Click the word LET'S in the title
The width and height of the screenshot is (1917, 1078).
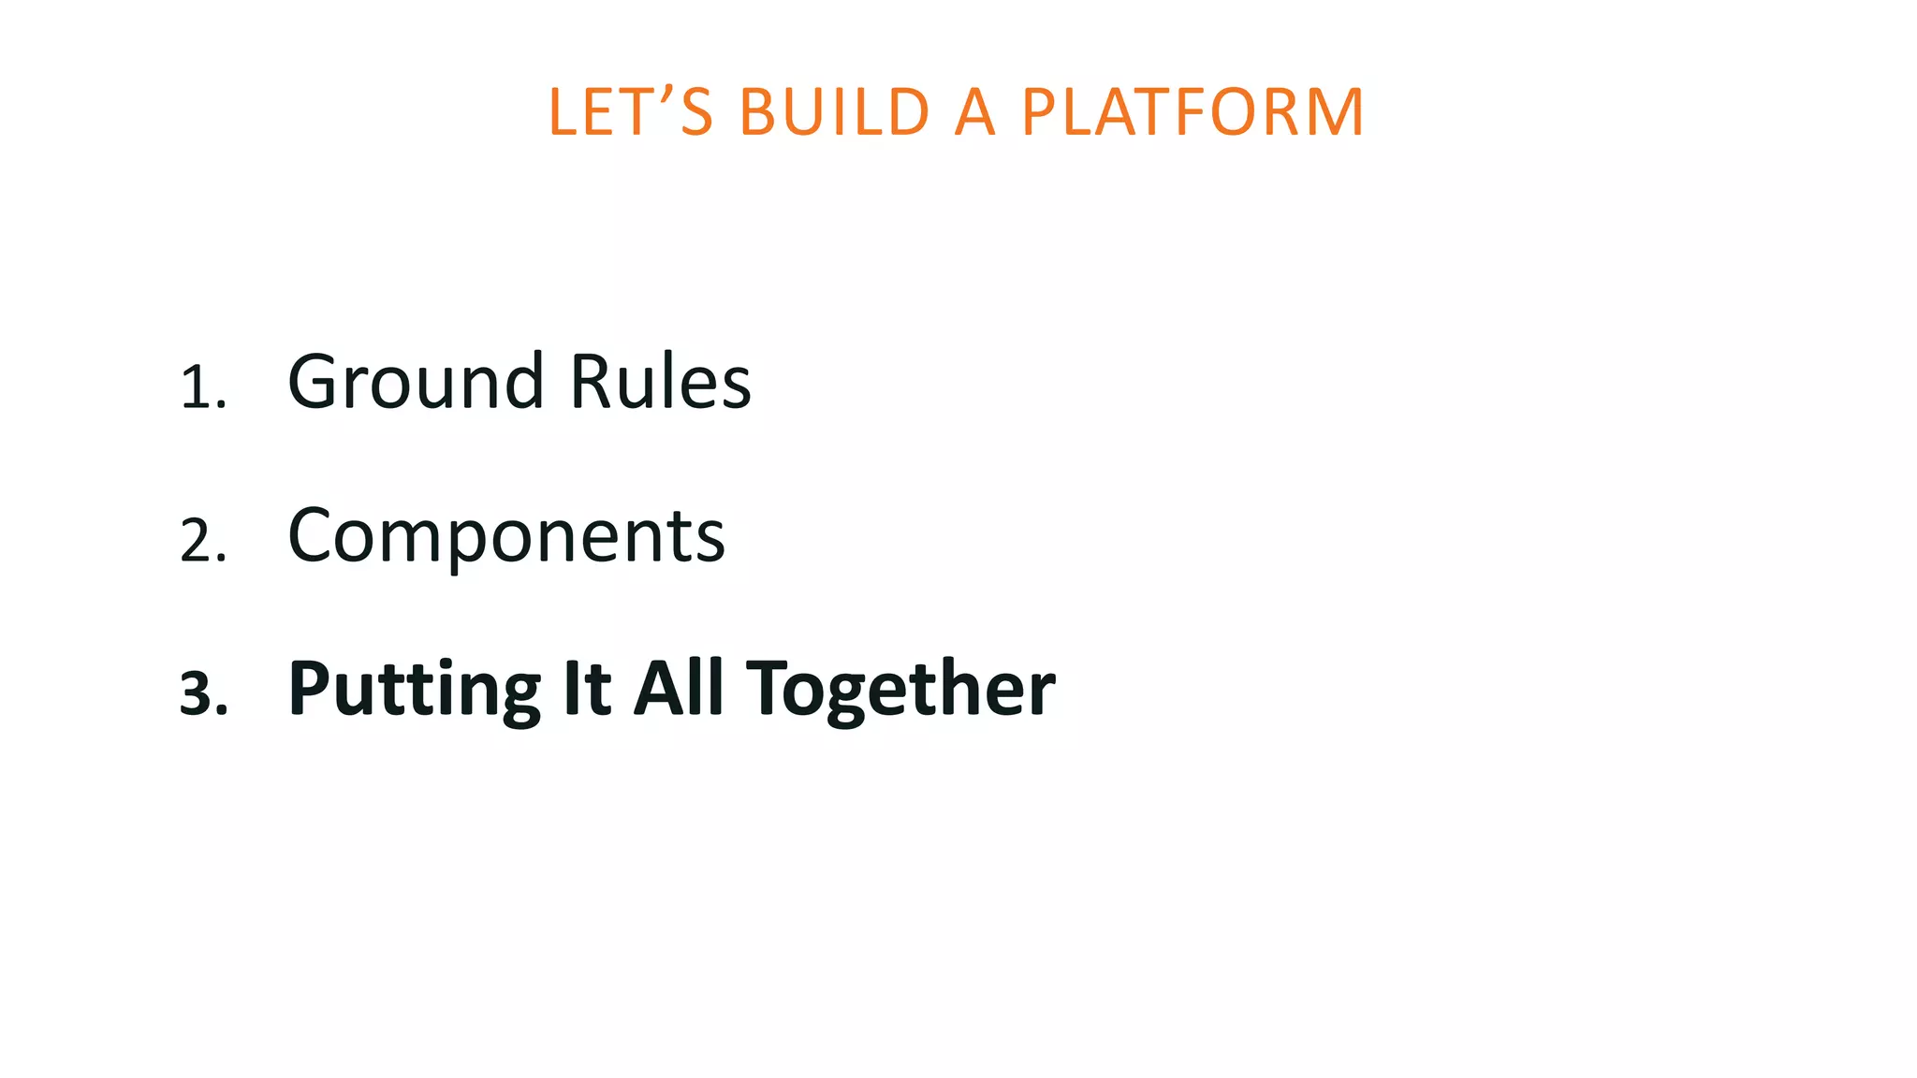(631, 112)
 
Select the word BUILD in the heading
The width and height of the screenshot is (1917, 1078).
(834, 112)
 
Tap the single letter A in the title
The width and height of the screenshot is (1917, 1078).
(974, 112)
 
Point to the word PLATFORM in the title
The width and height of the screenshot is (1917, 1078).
(1193, 112)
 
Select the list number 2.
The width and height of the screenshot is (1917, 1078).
(202, 541)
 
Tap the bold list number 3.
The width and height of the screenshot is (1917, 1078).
(203, 694)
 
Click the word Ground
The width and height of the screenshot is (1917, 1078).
(416, 382)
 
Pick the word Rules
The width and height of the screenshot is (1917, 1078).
(660, 382)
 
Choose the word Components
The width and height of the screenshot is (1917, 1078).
(506, 535)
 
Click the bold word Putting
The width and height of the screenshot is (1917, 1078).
(415, 691)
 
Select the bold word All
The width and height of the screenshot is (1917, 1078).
(680, 689)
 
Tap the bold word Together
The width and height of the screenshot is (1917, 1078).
(900, 691)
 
